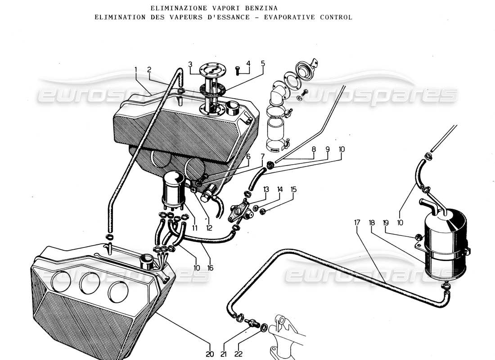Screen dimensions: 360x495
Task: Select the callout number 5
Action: (x=263, y=63)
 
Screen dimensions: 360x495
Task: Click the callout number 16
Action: (x=210, y=268)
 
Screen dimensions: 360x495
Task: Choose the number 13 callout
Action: (x=266, y=189)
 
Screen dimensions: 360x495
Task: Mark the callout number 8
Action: (x=314, y=148)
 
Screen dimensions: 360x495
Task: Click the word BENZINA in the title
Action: (x=261, y=8)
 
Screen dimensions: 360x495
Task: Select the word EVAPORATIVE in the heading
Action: (x=293, y=17)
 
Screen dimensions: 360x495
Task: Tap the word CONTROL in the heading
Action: (x=336, y=17)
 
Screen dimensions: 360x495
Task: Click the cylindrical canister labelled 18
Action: (x=445, y=245)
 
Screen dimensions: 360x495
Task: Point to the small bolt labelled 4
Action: (x=238, y=69)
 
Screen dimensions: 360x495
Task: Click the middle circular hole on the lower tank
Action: (x=89, y=283)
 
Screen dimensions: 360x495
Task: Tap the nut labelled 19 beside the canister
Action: (x=418, y=237)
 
